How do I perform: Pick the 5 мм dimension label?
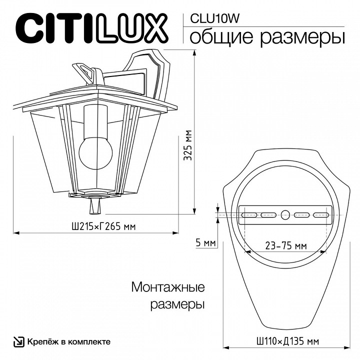coord(205,243)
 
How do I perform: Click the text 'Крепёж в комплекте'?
coord(68,342)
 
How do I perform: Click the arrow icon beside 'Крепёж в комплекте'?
coord(18,342)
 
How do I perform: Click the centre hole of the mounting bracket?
coord(285,215)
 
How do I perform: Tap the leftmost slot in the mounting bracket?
coord(248,215)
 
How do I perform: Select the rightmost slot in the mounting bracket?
coord(320,215)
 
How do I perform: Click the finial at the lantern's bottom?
coord(94,204)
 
